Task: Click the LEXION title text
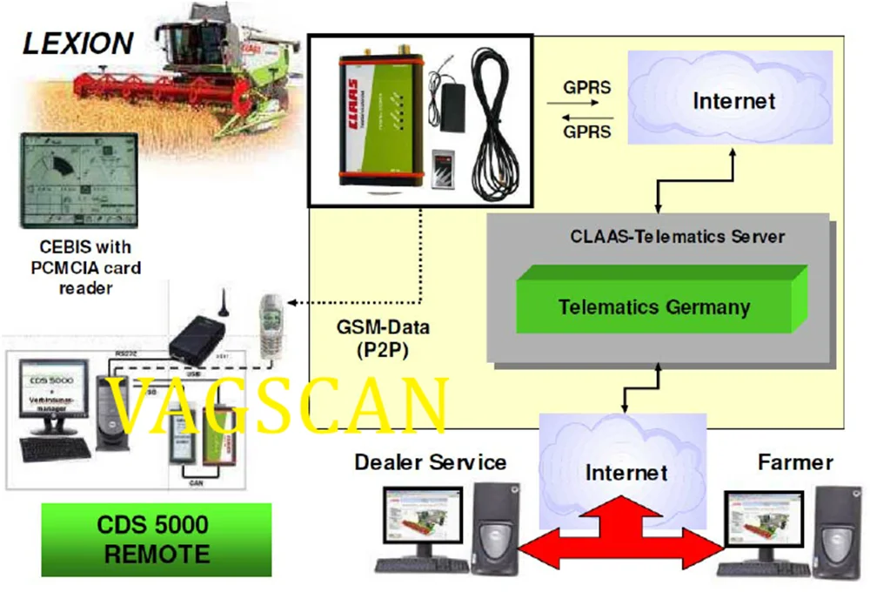point(78,43)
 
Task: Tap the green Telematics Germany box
point(654,306)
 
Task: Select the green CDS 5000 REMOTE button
point(157,540)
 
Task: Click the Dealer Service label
point(430,461)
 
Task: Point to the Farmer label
point(795,461)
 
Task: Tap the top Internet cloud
point(733,100)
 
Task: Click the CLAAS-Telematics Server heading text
point(678,236)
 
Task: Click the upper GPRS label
point(586,88)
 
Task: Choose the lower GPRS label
point(586,132)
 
